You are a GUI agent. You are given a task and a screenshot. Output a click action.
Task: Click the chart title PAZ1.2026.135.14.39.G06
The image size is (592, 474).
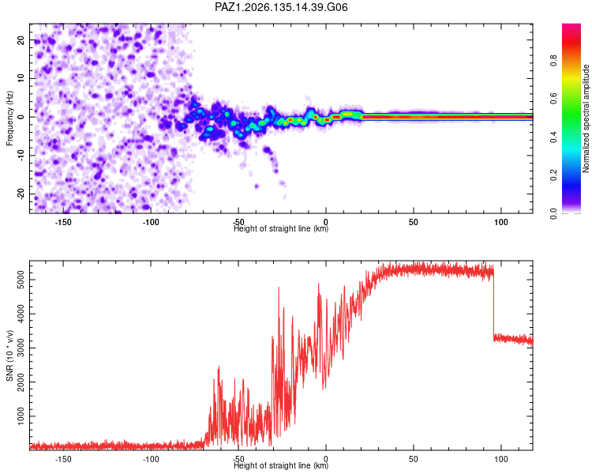point(281,7)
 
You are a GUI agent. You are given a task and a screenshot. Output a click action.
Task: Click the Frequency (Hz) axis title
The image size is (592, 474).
point(9,118)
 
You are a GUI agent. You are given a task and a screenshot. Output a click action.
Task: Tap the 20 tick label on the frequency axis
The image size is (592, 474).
point(21,39)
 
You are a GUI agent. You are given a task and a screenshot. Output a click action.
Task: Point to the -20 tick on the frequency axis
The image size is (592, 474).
point(21,194)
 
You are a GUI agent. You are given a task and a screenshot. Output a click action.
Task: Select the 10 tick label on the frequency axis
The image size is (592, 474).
point(21,78)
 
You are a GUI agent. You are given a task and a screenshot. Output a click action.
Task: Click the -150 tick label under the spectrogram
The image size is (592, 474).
point(63,222)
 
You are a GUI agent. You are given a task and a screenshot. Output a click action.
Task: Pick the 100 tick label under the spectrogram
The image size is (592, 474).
point(501,222)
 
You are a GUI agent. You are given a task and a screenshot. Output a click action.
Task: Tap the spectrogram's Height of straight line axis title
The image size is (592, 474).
point(281,228)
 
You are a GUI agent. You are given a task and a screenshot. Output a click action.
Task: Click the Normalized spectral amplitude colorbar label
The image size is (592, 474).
point(586,118)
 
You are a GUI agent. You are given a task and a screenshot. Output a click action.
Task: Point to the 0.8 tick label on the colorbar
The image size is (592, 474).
point(553,61)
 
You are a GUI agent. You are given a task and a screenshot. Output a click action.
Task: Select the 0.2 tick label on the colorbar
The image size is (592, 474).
point(553,175)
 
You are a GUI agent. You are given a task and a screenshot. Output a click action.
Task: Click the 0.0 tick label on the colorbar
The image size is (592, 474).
point(553,213)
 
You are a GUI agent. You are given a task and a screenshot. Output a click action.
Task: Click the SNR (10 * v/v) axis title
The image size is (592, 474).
point(9,355)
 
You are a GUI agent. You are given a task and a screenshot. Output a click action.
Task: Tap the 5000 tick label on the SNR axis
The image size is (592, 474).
point(21,280)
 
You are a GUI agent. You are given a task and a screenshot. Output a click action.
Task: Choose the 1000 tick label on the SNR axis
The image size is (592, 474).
point(21,416)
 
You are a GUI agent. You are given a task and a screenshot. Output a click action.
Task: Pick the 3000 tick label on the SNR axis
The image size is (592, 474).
point(21,348)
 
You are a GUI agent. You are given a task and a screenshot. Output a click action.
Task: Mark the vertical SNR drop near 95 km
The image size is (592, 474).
point(493,303)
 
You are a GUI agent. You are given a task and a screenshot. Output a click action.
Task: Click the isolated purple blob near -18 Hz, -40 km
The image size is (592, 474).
point(257,186)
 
